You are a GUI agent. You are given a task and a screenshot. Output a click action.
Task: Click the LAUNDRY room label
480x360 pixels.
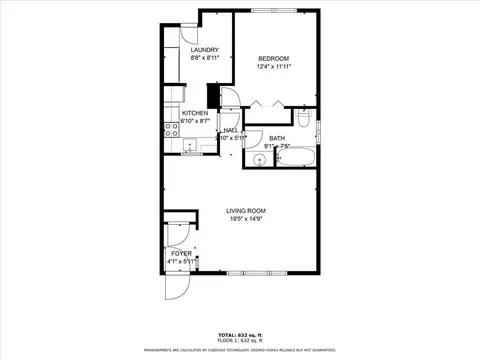205,50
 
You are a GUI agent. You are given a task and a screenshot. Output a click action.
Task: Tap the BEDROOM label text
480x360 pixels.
273,57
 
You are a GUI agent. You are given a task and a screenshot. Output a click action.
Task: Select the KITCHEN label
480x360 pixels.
195,113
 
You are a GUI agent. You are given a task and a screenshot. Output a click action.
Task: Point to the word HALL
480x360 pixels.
230,130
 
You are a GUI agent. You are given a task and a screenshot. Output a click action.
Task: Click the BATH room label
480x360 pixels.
277,138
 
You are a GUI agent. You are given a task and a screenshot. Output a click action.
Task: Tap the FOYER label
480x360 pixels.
181,254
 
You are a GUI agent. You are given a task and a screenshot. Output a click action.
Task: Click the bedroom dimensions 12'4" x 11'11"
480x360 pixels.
273,67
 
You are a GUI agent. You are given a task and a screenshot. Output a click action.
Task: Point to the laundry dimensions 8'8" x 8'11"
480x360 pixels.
205,58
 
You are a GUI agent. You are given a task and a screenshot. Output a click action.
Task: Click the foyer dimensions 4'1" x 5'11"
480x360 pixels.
181,262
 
